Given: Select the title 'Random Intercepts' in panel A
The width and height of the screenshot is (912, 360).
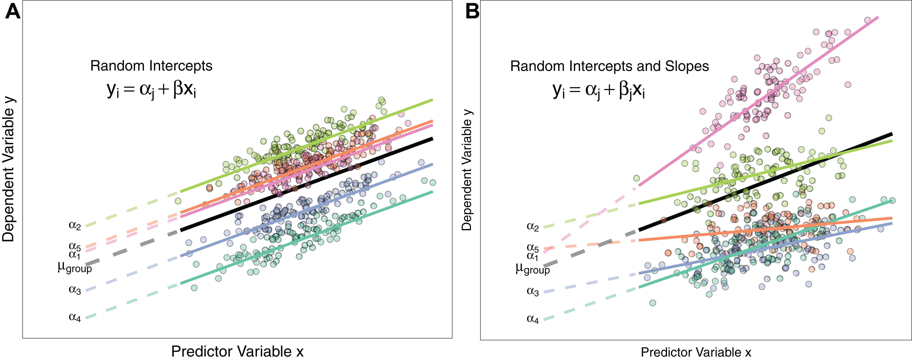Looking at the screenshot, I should [151, 66].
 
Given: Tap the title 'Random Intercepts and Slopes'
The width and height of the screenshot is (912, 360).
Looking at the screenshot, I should [609, 66].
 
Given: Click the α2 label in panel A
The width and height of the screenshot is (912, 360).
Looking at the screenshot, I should [75, 225].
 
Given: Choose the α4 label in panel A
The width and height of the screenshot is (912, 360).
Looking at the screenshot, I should [75, 317].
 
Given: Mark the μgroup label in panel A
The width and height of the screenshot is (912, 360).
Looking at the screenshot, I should [75, 267].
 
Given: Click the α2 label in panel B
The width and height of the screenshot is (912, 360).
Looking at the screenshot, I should [532, 227].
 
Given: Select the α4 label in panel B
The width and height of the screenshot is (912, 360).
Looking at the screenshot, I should [532, 319].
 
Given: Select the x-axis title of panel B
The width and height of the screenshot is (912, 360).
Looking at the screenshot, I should [696, 352].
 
